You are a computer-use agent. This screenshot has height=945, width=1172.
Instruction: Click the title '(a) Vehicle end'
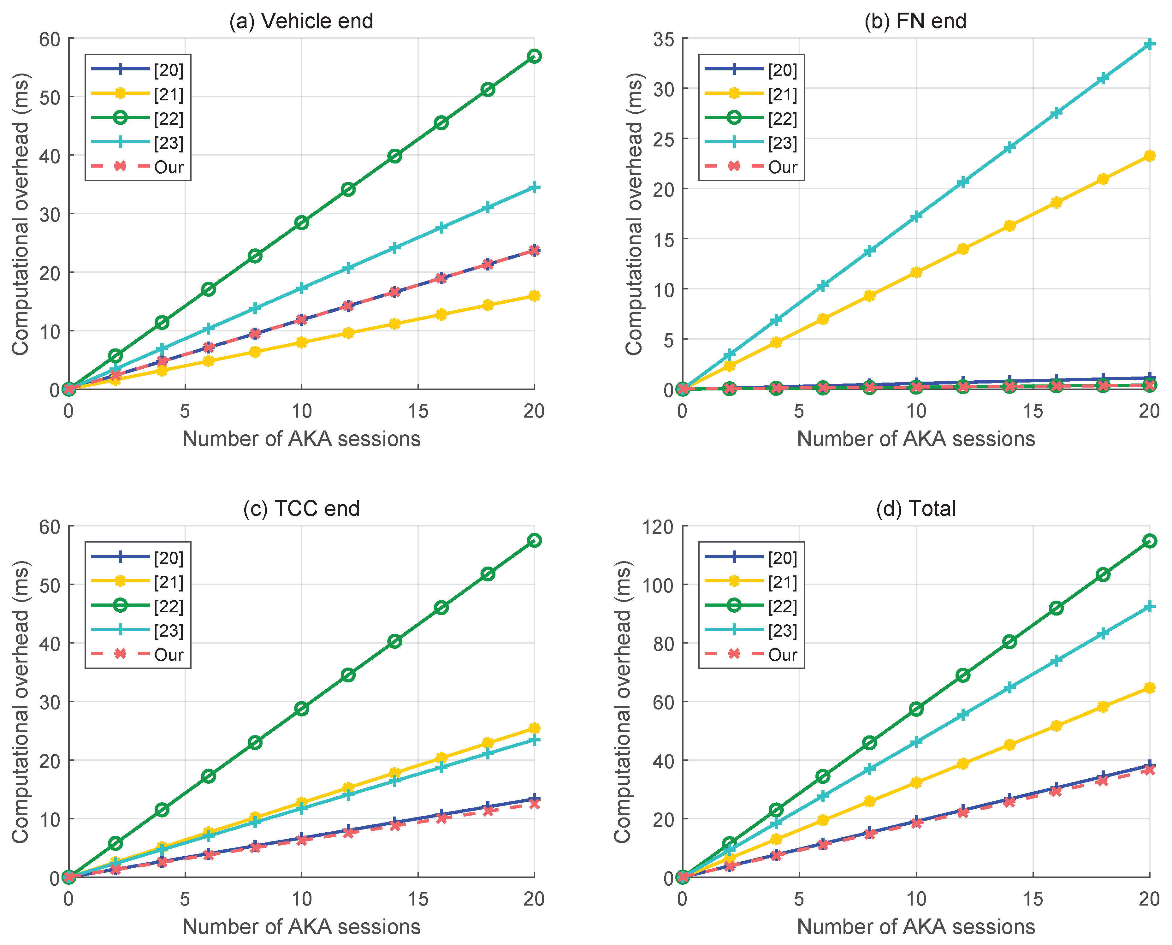301,21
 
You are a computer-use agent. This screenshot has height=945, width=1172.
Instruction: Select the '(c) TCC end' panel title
301,508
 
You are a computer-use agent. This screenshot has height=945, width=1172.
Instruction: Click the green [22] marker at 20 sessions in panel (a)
534,56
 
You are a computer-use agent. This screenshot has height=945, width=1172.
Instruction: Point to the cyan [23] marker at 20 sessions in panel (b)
1149,44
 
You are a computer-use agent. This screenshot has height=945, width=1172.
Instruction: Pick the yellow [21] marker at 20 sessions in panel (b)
1149,156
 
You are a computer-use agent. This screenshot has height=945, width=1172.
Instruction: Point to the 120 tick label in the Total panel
657,527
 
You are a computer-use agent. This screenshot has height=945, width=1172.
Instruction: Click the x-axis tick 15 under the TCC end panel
418,899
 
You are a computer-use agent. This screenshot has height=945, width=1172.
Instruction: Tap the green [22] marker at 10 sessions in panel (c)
301,709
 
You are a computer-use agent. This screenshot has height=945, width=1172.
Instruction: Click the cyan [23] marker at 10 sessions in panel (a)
301,288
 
